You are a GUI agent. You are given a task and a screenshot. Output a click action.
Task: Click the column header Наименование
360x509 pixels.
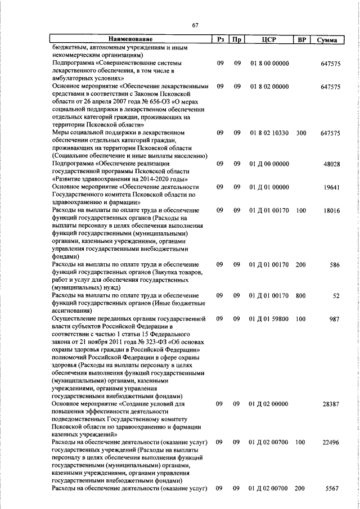(130, 39)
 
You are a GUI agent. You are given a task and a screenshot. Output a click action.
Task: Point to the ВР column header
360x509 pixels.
(300, 39)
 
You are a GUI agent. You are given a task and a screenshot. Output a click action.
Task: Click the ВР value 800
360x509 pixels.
(300, 295)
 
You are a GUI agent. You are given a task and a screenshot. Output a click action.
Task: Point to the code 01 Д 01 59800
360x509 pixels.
(269, 318)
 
